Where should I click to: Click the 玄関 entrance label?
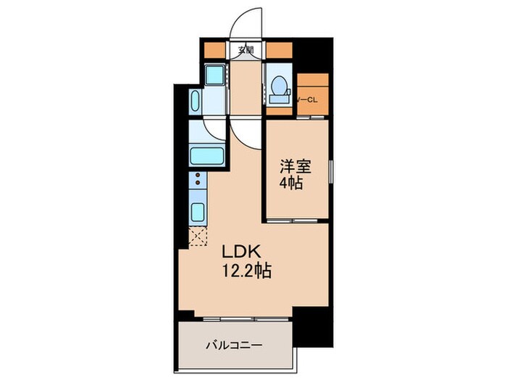(x=247, y=50)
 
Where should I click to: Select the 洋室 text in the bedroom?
(x=296, y=166)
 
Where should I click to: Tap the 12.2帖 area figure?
(x=247, y=272)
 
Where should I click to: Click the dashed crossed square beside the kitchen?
(x=197, y=236)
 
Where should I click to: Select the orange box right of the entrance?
(x=279, y=50)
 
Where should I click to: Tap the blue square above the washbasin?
(x=214, y=75)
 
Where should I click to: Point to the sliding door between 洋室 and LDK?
(x=293, y=219)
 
